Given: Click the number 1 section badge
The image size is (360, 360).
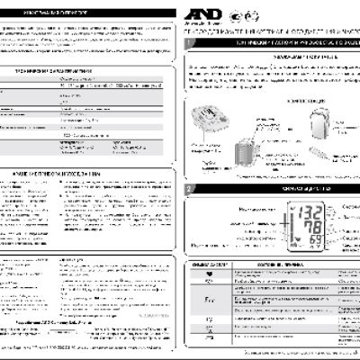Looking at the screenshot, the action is click(x=189, y=41).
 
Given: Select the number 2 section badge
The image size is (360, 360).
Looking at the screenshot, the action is click(x=189, y=190).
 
